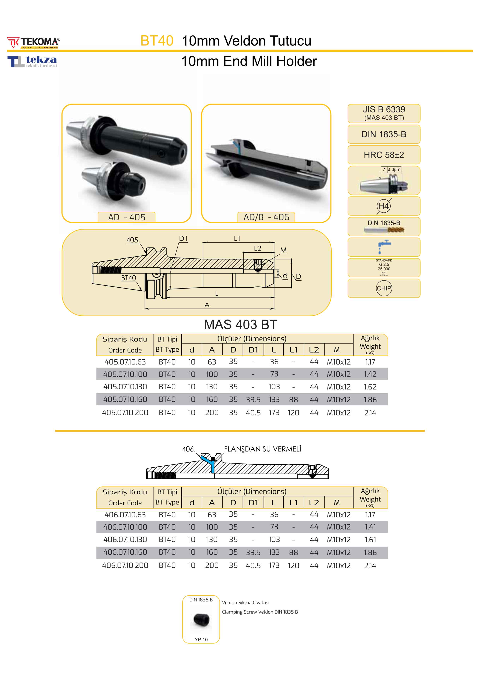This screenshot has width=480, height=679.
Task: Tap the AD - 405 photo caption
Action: point(127,217)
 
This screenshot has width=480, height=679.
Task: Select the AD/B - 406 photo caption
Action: point(266,217)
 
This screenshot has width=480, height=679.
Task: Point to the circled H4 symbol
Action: point(384,206)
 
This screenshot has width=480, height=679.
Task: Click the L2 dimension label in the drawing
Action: point(257,249)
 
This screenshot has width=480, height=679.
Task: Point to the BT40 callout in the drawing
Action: point(129,278)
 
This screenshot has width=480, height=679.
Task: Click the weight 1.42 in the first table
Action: point(370,374)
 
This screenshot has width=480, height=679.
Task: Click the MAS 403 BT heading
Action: point(240,325)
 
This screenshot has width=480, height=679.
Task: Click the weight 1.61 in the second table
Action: point(370,540)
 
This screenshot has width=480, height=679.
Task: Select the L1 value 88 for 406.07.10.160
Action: point(293,552)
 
